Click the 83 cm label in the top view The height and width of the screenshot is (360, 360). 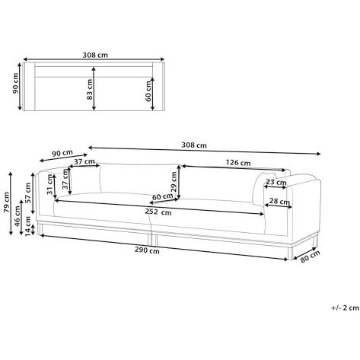click(x=90, y=89)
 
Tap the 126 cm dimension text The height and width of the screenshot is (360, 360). click(x=238, y=163)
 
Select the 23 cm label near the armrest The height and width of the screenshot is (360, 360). click(x=276, y=182)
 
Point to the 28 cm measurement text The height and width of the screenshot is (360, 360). click(x=279, y=202)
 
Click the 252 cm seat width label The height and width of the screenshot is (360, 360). click(x=158, y=212)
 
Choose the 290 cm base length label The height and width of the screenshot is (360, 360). click(x=147, y=250)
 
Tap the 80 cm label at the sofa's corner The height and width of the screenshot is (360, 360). click(x=310, y=256)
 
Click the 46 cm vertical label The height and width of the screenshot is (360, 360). click(x=17, y=216)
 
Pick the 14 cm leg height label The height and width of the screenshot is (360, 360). click(x=28, y=225)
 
